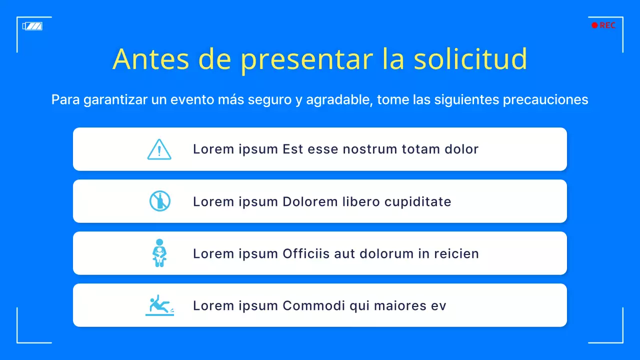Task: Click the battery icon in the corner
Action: point(32,26)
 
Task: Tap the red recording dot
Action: point(594,25)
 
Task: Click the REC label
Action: point(607,25)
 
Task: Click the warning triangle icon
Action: point(159,149)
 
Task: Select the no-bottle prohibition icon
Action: point(160,201)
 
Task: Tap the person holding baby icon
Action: point(159,252)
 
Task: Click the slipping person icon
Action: point(159,305)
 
